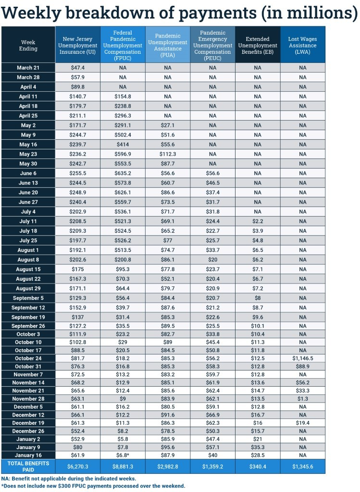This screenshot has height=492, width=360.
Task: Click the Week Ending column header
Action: [x=28, y=45]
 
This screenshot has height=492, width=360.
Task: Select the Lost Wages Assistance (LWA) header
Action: [x=302, y=45]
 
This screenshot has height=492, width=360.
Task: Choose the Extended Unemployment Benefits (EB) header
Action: [x=257, y=45]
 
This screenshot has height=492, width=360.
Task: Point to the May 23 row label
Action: [x=28, y=154]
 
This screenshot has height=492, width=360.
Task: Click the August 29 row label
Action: [x=28, y=288]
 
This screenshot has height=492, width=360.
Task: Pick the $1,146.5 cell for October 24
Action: [x=302, y=358]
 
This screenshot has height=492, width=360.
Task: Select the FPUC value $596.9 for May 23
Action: [x=123, y=154]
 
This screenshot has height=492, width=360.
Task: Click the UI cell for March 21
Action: [x=77, y=68]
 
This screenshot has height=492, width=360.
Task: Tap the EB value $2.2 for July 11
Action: [x=257, y=221]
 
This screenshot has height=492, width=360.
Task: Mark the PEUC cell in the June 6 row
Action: [x=212, y=173]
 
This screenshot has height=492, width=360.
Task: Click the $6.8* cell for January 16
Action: [x=123, y=455]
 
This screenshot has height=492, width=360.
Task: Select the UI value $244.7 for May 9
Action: [x=77, y=135]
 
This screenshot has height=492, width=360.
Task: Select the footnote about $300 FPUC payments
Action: [x=93, y=486]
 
